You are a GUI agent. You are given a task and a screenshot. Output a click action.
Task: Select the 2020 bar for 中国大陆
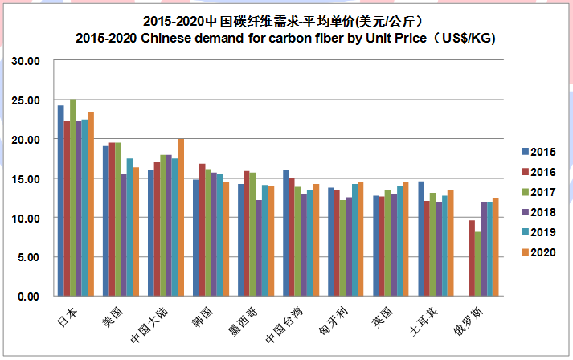pos(180,217)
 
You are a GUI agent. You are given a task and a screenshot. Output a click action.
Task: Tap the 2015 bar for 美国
pos(105,221)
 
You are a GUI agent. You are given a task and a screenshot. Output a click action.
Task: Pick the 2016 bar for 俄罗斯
pos(472,258)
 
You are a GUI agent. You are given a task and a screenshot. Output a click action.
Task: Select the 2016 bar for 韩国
pos(203,230)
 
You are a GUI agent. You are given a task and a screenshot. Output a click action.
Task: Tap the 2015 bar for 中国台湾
pos(285,233)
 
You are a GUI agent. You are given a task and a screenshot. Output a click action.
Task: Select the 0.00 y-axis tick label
pos(31,297)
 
